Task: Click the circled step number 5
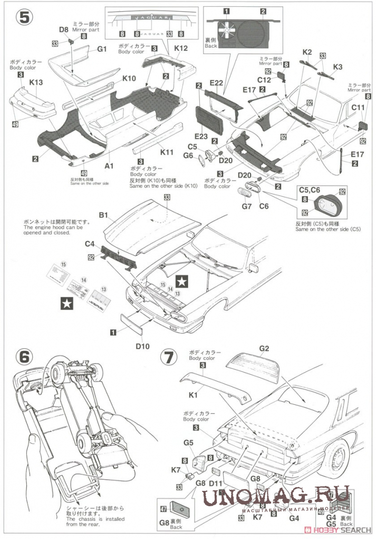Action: [x=24, y=17]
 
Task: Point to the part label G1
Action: [x=102, y=49]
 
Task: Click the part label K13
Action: [x=36, y=82]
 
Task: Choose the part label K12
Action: [x=181, y=48]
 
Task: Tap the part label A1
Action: [x=109, y=165]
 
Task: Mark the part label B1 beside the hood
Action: [x=103, y=215]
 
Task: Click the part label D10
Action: [x=142, y=346]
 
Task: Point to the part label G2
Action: [x=264, y=348]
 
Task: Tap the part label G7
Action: [x=246, y=206]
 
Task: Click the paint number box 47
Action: [x=163, y=509]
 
